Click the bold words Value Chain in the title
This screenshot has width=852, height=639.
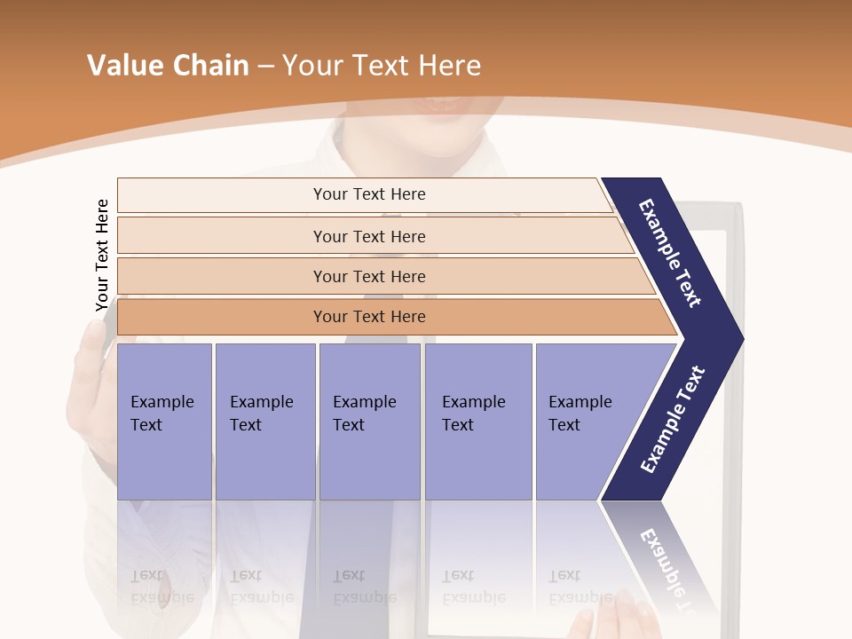coord(168,66)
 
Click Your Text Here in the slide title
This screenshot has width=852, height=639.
coord(382,66)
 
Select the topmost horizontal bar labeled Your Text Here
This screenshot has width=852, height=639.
coord(368,194)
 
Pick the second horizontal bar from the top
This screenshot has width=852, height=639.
coord(368,236)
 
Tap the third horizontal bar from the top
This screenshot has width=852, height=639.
coord(368,276)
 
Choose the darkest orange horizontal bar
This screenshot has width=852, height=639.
coord(368,317)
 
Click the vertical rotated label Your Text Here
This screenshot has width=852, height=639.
coord(102,255)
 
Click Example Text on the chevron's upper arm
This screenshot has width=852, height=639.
coord(670,253)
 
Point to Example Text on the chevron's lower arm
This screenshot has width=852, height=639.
coord(673,419)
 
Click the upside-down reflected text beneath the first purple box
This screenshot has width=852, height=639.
coord(162,587)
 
